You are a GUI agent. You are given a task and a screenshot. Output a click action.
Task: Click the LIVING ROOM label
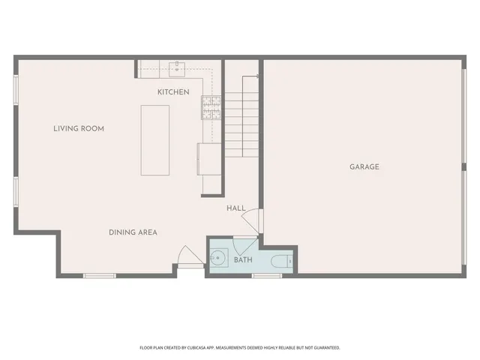(78, 128)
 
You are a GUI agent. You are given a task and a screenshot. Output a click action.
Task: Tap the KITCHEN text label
(173, 92)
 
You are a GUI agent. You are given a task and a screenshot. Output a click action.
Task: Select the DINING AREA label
(132, 232)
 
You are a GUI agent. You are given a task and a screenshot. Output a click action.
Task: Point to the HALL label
(236, 208)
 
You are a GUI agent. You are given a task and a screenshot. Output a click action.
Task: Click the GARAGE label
(364, 166)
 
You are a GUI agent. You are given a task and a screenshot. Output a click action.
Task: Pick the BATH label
(243, 260)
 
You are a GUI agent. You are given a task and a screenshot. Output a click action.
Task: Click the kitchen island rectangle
(155, 140)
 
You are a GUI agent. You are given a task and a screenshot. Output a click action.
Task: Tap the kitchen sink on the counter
(178, 69)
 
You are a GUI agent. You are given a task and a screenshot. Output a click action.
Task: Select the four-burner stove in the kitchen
(211, 109)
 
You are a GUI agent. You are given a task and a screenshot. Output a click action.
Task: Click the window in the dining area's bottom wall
(99, 276)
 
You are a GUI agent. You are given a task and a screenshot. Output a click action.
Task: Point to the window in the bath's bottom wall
(266, 276)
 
